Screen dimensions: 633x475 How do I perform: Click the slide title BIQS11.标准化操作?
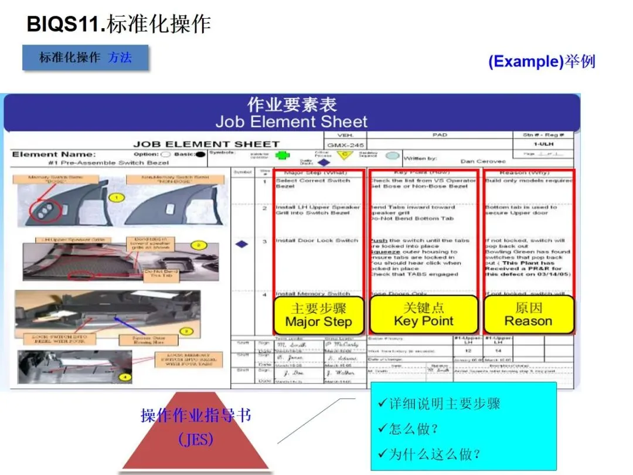pos(119,24)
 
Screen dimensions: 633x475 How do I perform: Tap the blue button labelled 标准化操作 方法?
pos(85,57)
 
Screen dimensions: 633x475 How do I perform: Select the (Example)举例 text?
pos(541,62)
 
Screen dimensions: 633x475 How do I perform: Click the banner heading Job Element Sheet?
pos(291,121)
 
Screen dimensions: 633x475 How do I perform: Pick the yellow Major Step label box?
pos(318,315)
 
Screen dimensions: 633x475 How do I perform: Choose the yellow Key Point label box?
pos(423,315)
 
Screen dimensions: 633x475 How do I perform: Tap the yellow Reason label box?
pos(528,315)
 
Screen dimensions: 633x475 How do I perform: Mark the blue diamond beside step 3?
pos(242,243)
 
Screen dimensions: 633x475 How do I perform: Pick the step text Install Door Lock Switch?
pos(317,240)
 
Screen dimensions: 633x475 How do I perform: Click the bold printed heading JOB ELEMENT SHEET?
pos(206,144)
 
